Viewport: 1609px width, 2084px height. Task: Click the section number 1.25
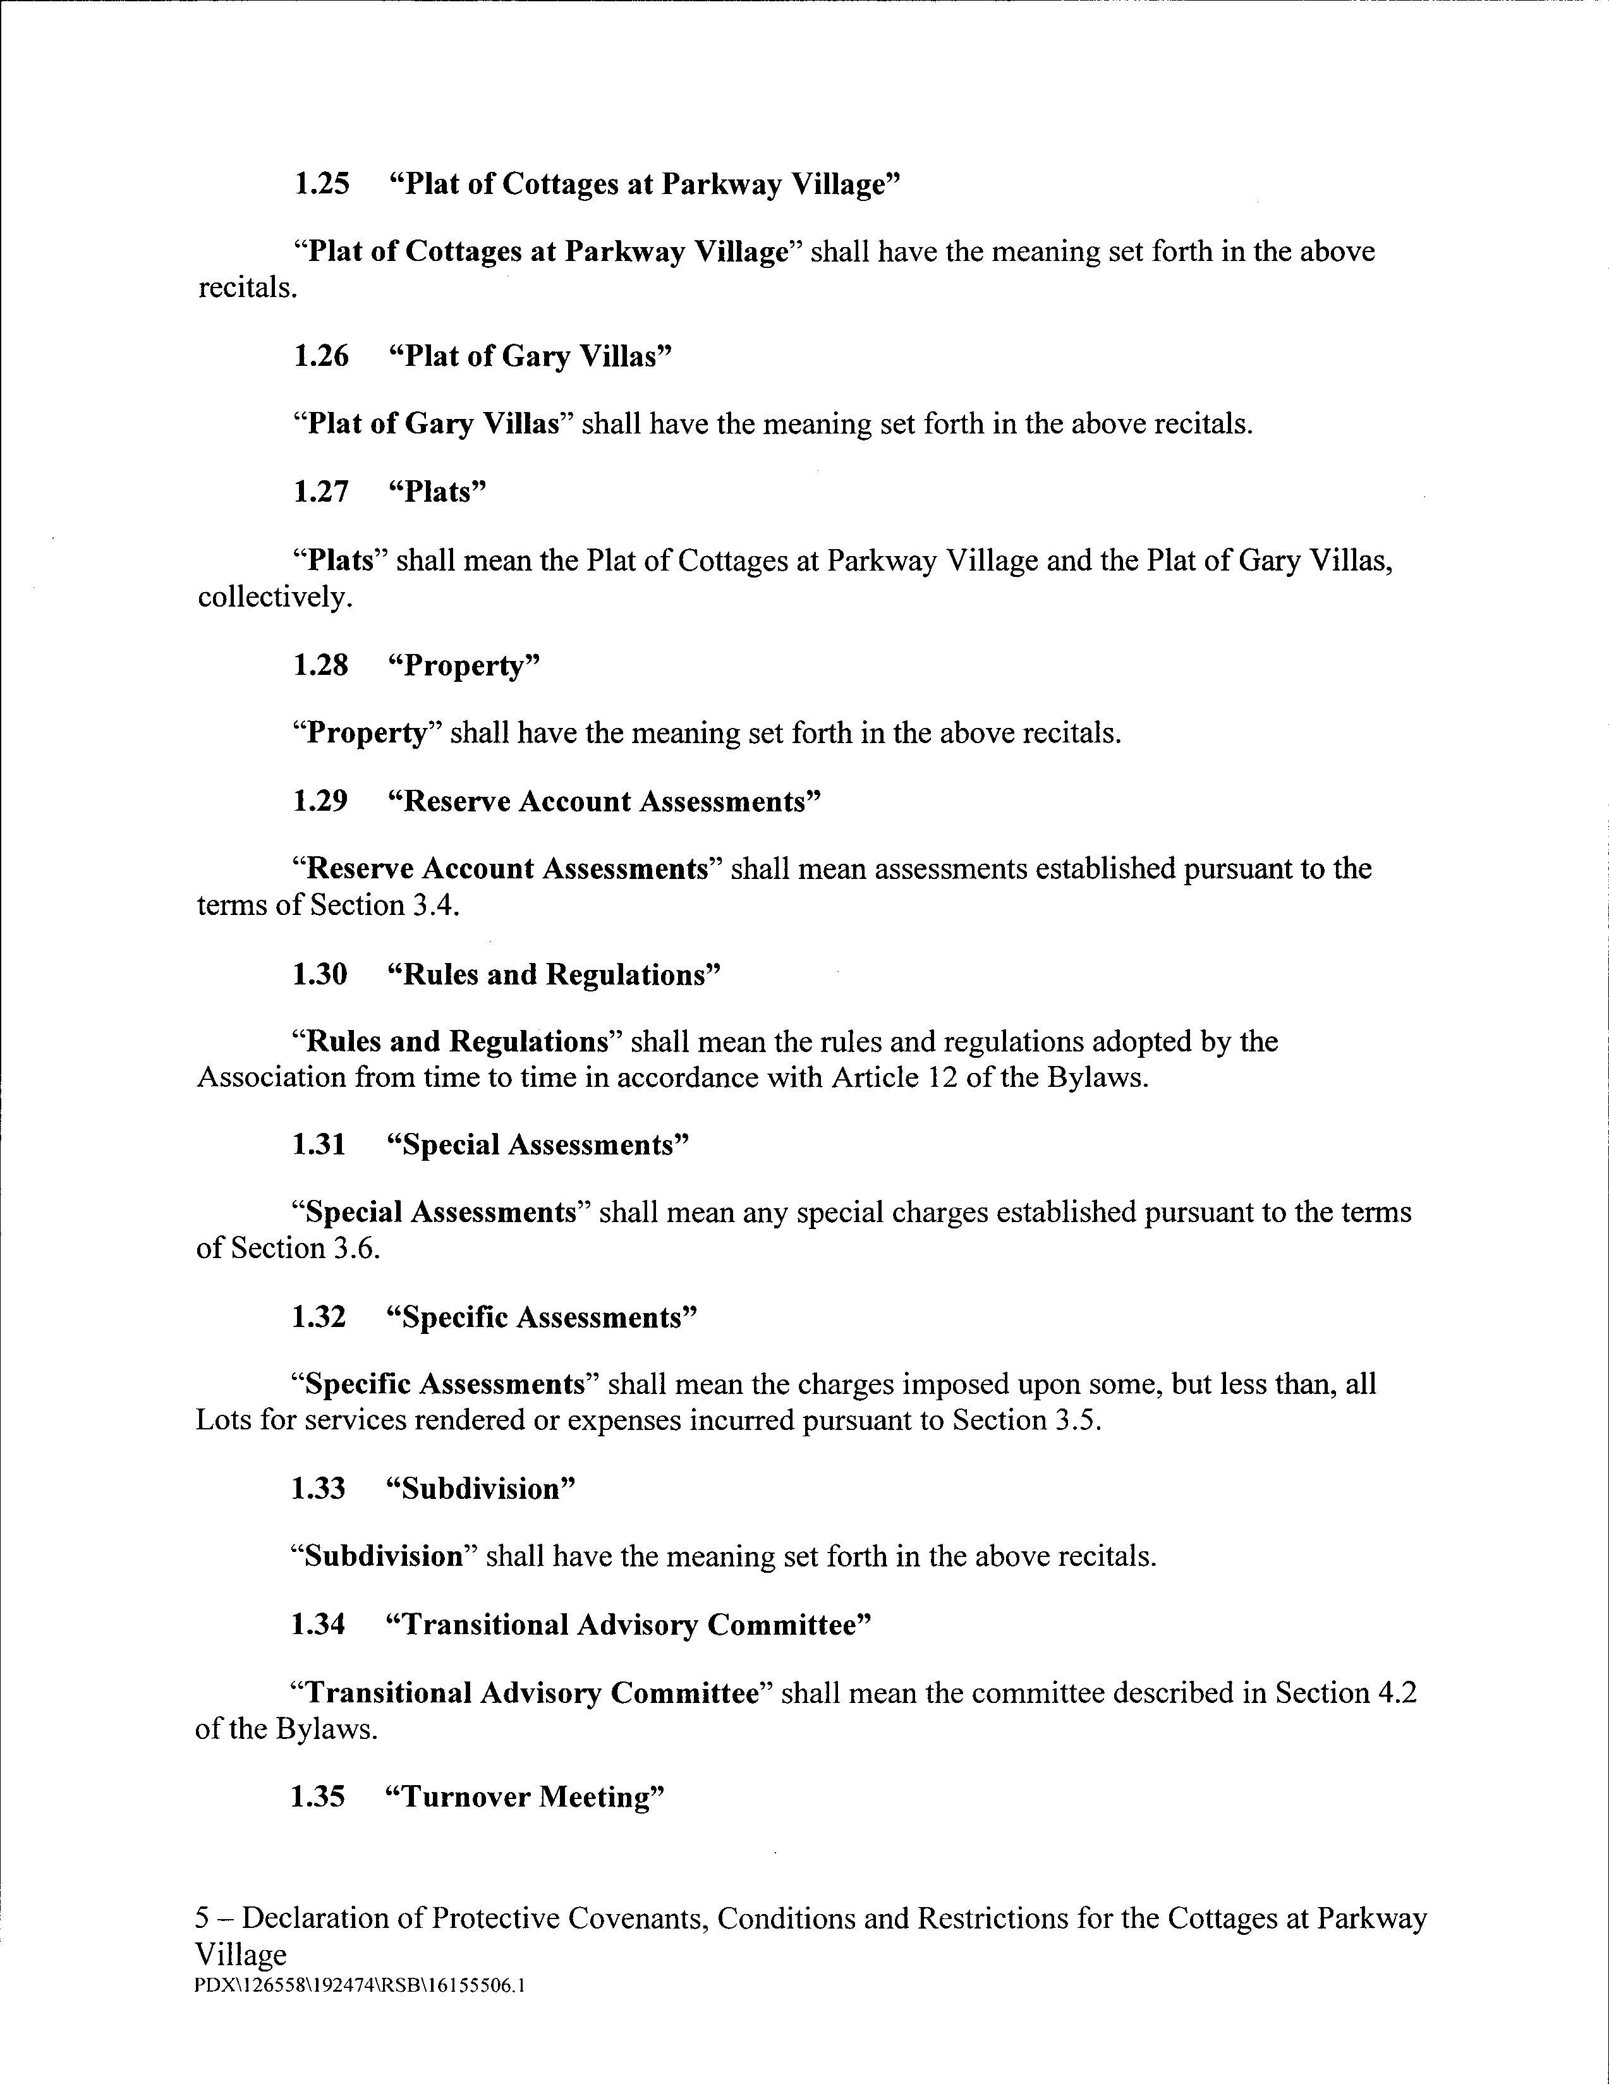[x=322, y=184]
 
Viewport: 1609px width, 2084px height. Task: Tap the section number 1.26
[x=322, y=357]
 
